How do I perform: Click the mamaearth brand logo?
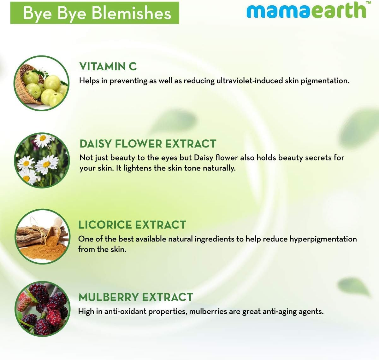tap(306, 11)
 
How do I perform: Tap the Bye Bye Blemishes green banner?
tap(95, 13)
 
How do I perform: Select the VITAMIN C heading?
tap(108, 67)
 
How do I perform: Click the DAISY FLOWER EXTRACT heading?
tap(148, 144)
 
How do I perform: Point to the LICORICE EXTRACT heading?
tap(132, 225)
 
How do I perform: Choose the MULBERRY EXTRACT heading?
tap(136, 297)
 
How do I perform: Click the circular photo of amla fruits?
tap(42, 83)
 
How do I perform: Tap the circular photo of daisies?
tap(42, 160)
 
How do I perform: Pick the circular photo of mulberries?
tap(42, 309)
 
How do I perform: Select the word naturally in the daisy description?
tap(219, 168)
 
